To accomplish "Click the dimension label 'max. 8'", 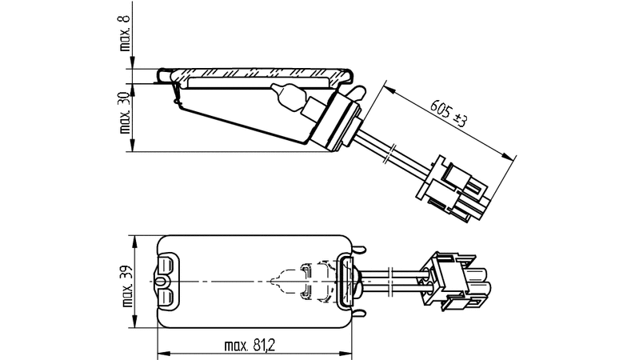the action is [125, 32].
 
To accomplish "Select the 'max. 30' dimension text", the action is [125, 112].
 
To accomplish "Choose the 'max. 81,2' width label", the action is [250, 346].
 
